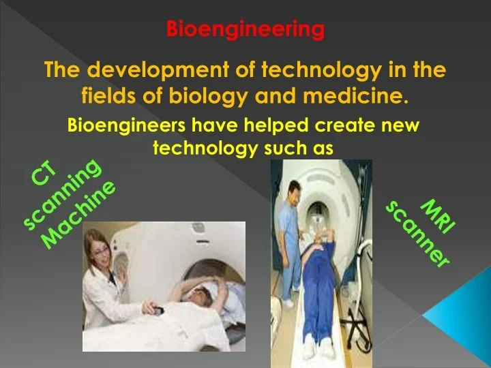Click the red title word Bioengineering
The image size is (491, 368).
245,29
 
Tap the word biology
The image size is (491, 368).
218,95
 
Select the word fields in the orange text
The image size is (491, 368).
108,95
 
